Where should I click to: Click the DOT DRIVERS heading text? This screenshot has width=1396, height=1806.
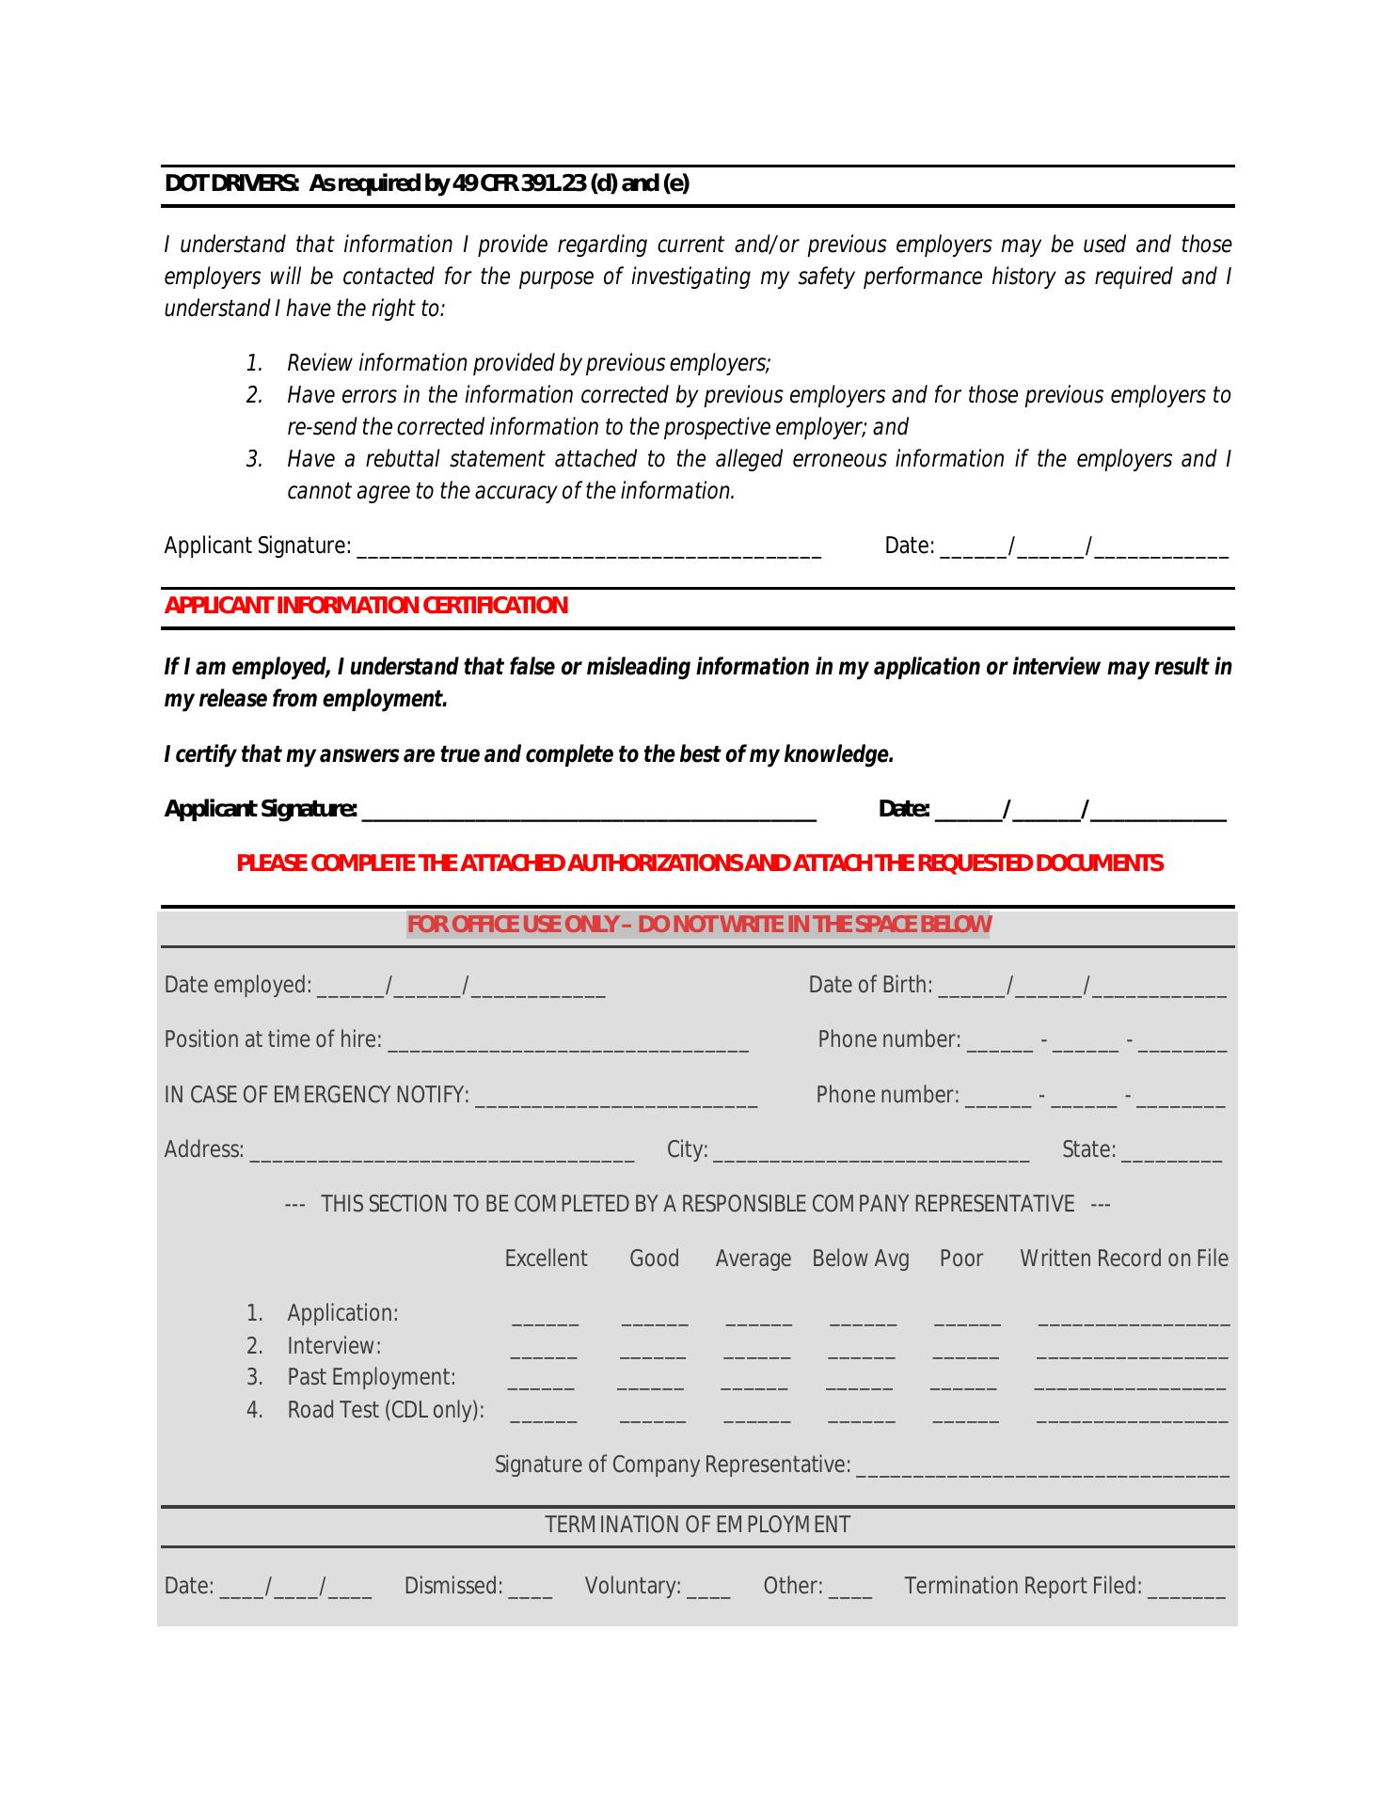426,183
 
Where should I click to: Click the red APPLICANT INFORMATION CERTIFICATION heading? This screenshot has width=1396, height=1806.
366,606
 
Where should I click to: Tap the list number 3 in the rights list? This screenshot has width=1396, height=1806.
254,460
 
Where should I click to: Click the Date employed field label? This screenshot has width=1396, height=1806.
237,985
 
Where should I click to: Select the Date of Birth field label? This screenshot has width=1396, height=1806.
870,985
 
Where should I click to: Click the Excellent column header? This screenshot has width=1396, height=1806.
546,1259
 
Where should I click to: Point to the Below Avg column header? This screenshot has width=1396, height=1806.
861,1259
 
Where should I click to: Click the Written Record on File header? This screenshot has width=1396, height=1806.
1124,1259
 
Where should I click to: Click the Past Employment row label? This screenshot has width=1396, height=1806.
371,1377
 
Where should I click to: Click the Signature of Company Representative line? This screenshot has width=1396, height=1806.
1042,1470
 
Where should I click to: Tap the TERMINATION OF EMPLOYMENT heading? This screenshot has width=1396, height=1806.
697,1525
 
